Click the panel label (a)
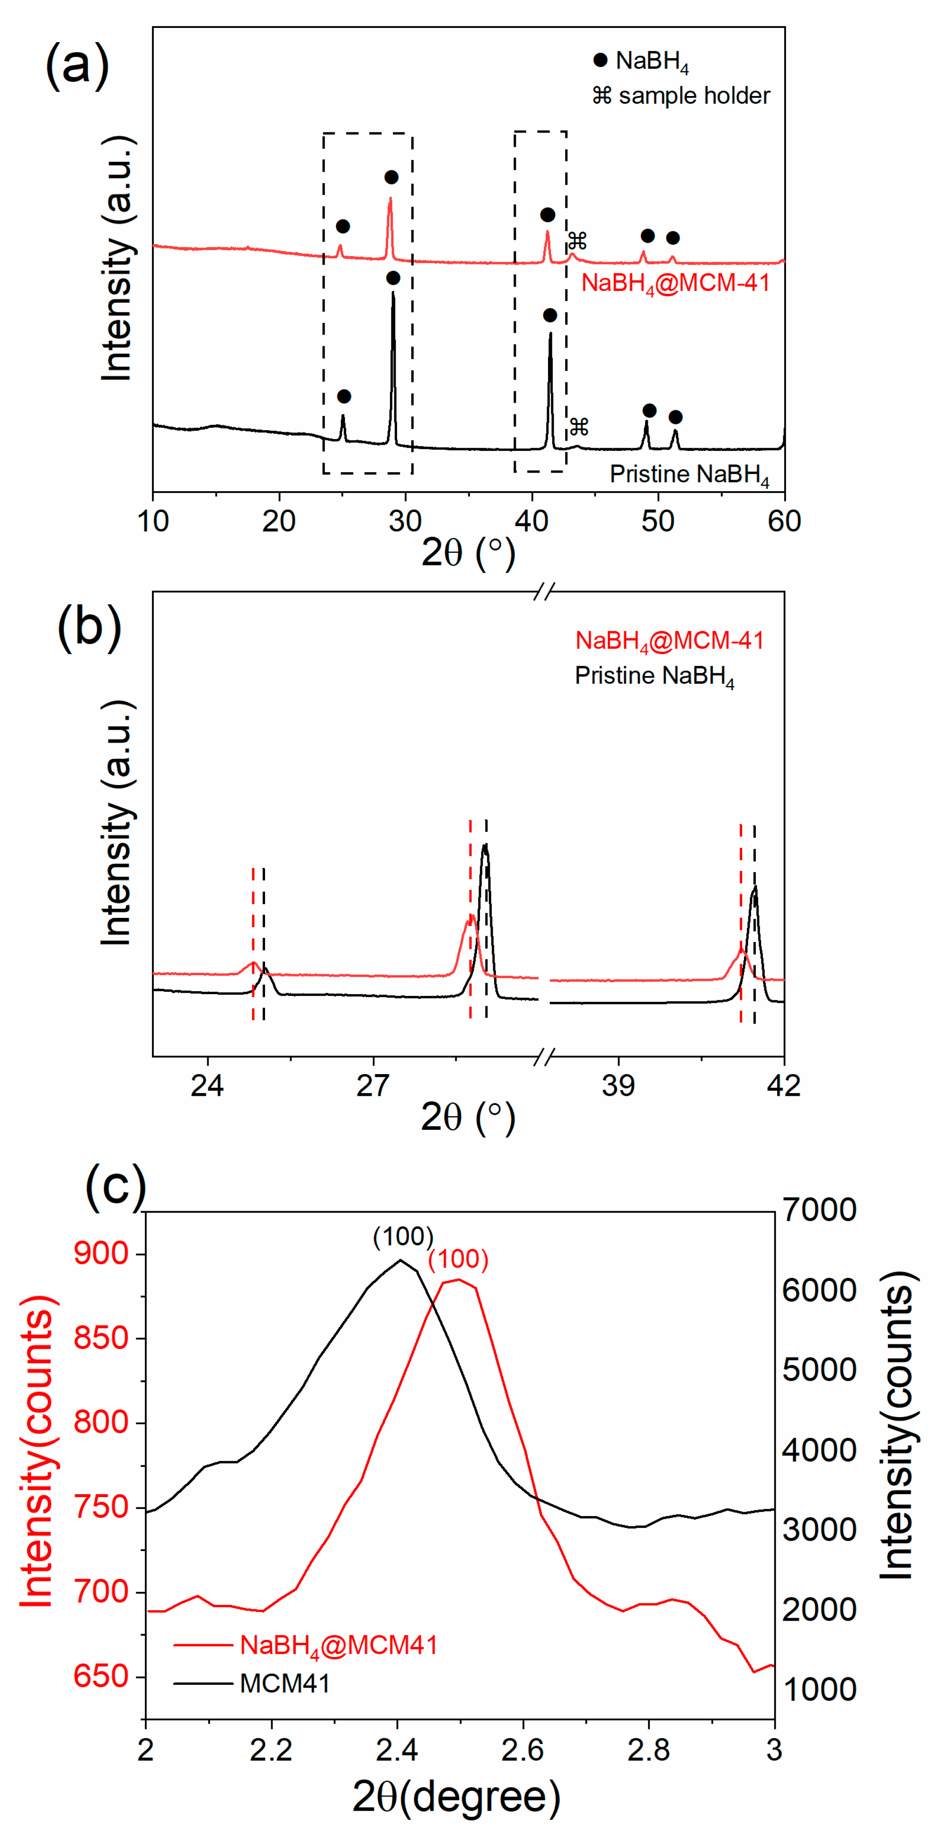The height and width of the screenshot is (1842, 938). pos(77,65)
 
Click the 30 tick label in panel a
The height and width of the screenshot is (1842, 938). pos(405,521)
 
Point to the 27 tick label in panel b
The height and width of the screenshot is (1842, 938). pos(373,1085)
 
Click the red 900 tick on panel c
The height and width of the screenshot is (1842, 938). pos(101,1253)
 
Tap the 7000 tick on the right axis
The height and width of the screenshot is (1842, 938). pos(819,1210)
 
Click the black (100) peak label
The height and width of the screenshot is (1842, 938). pos(403,1236)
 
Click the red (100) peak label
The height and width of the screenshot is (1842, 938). pos(458,1259)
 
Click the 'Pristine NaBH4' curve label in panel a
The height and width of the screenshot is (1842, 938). pos(689,475)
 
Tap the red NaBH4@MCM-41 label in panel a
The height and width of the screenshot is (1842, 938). pos(675,283)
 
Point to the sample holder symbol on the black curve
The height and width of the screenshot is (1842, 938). pos(578,427)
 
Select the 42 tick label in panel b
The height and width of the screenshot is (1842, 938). pos(783,1085)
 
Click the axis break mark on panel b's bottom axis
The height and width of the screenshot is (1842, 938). pos(544,1057)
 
